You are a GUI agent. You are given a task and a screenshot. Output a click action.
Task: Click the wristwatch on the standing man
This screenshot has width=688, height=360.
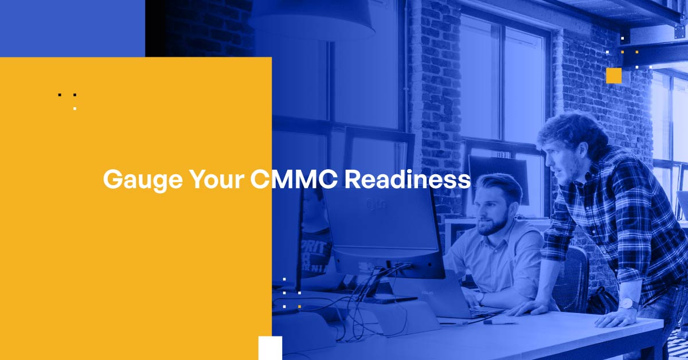click(x=628, y=303)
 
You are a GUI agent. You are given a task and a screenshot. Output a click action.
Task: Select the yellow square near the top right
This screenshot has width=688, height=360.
click(x=613, y=76)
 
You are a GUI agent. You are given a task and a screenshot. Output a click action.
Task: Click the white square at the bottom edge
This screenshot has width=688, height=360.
click(x=270, y=348)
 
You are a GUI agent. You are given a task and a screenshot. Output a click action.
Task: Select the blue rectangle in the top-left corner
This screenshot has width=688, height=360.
click(x=72, y=28)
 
